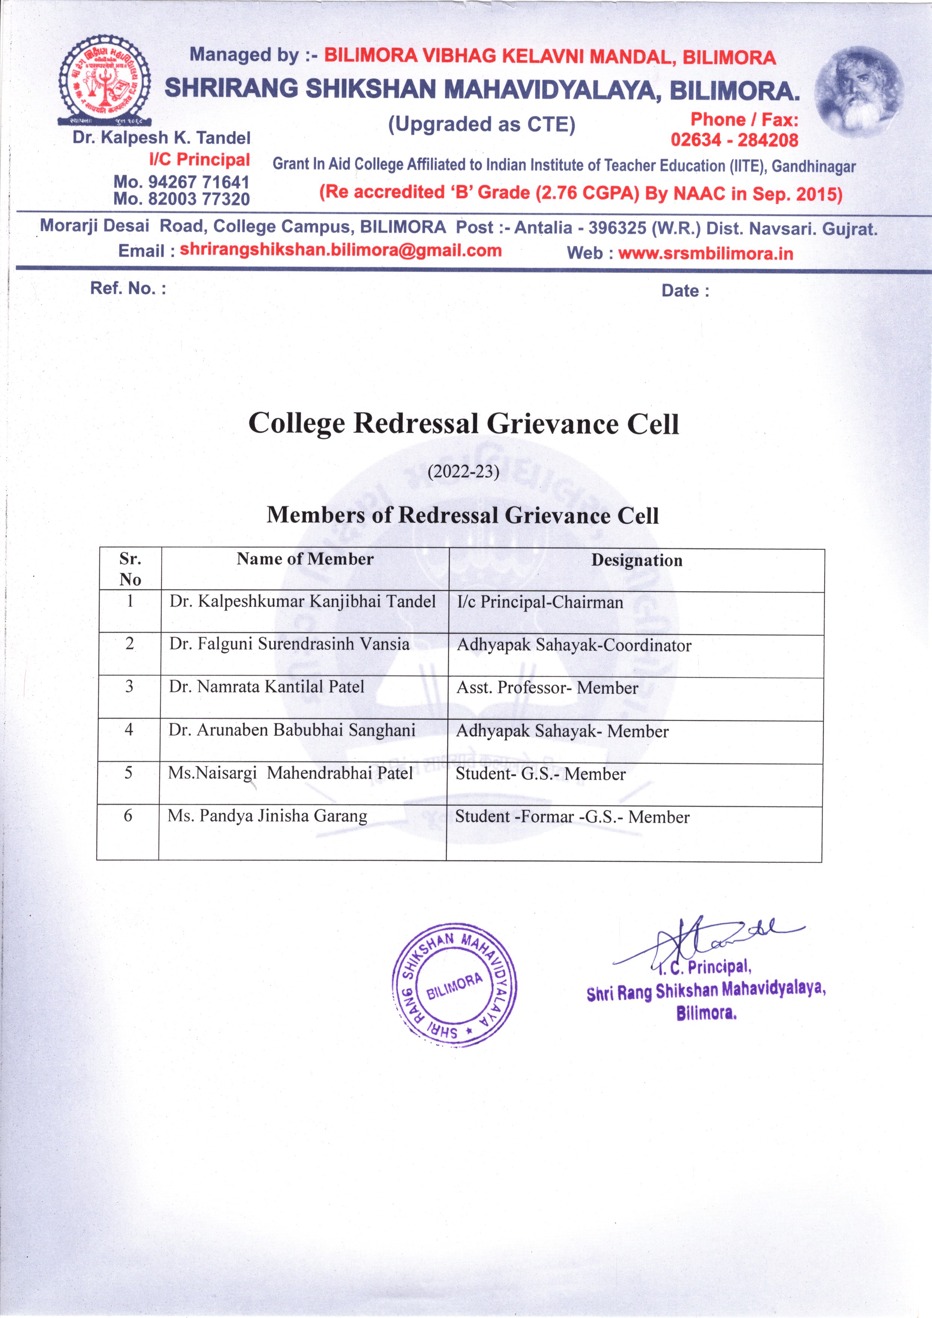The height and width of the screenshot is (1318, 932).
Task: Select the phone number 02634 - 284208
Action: [x=734, y=139]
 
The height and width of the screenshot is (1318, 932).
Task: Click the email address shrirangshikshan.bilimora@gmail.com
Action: [x=340, y=250]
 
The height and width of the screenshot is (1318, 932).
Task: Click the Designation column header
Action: [x=636, y=560]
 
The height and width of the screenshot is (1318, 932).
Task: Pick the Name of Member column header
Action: [x=305, y=559]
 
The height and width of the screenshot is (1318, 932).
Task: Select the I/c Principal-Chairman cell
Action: [x=540, y=602]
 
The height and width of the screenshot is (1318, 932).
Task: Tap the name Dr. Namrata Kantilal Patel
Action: [x=266, y=687]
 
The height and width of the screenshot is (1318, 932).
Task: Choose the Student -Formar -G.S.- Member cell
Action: [x=572, y=817]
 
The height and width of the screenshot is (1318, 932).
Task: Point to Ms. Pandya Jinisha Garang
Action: [x=267, y=816]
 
